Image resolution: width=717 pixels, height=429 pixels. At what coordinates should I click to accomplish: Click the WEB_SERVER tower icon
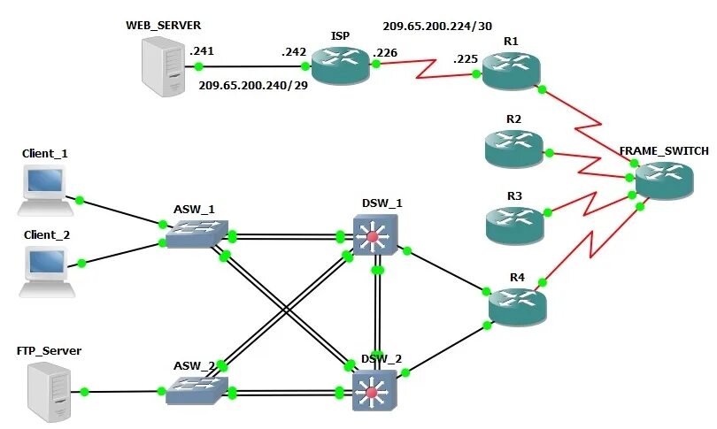163,67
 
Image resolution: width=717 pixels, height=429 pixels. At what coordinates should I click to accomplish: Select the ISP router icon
340,65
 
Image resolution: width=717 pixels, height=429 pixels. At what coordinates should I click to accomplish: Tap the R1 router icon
511,71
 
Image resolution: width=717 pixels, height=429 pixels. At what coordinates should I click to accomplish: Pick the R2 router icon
514,149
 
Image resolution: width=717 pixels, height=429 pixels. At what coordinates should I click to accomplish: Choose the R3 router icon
514,226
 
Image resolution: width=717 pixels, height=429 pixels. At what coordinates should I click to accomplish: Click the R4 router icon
517,306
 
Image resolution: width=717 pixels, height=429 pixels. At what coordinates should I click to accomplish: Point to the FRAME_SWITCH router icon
665,180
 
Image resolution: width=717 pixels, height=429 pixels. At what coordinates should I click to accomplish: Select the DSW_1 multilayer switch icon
375,234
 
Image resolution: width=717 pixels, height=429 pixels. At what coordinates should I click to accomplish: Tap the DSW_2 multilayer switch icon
374,390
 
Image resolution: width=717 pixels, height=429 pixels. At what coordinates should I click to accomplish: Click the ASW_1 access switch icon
197,234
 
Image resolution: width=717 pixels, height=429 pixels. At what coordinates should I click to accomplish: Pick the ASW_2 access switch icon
197,390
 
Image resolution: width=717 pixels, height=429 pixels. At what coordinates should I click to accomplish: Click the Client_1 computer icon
45,190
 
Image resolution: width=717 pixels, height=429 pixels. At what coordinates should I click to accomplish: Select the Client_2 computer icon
47,272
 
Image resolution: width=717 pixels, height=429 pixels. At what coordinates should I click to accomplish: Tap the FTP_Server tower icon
50,392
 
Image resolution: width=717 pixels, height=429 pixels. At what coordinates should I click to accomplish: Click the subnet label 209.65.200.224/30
437,26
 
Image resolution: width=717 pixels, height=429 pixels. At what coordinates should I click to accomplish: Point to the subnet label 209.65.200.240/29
253,85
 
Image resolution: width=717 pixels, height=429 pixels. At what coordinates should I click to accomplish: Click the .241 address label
202,50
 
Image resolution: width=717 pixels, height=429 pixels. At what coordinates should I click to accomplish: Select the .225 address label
466,59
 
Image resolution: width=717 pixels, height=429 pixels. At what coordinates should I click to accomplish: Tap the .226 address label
385,53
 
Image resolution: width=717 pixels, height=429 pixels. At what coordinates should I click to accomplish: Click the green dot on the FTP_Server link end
84,392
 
